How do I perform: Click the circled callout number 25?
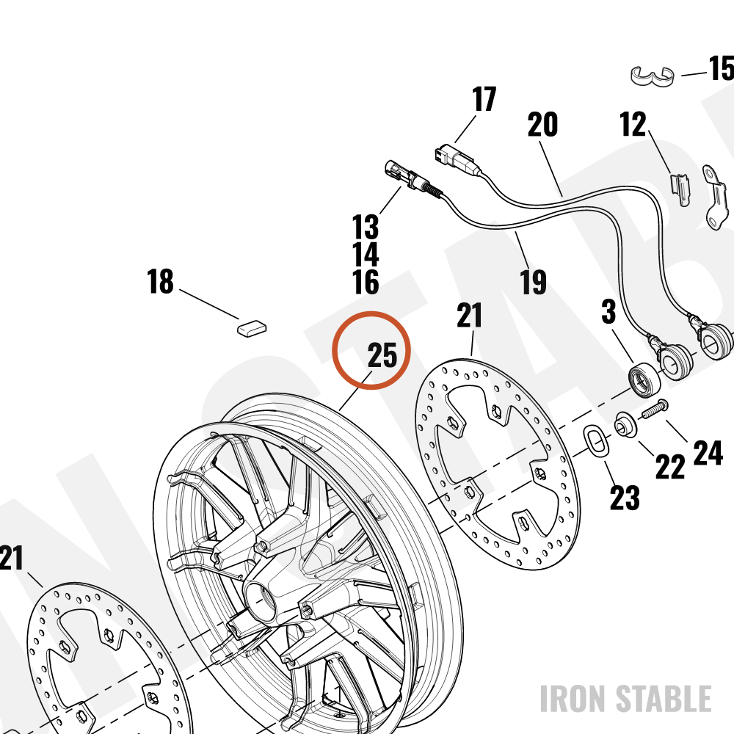tap(382, 355)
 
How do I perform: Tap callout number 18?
tap(160, 281)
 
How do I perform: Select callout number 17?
tap(484, 99)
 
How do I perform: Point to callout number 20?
tap(542, 125)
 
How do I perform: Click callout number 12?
tap(633, 124)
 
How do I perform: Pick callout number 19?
tap(533, 282)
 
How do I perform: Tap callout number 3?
tap(608, 312)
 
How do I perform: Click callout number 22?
tap(670, 467)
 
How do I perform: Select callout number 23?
tap(625, 498)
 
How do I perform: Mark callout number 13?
tap(366, 227)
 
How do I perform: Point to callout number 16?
tap(366, 283)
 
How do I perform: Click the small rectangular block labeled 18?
tap(252, 327)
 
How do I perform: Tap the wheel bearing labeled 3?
tap(644, 378)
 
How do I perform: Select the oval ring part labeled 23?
tap(596, 440)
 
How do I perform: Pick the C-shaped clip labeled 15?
tap(652, 76)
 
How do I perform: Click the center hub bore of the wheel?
tap(261, 600)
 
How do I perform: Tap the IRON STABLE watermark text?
tap(625, 699)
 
